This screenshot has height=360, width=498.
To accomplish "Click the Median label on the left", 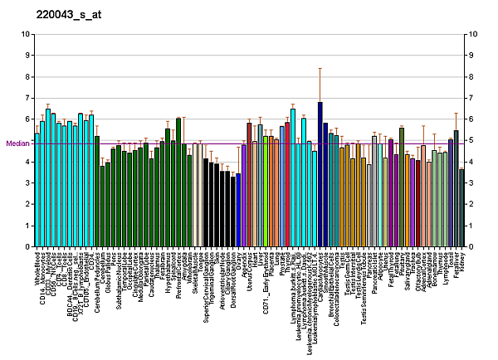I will pos(17,143).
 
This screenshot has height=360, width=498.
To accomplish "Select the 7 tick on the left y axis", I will pos(27,98).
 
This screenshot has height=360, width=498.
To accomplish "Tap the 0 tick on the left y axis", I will pos(27,246).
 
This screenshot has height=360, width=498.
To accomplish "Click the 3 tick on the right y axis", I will pos(471,182).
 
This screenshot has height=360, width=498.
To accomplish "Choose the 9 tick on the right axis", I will pos(471,56).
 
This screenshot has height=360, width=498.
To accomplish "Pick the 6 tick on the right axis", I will pos(471,119).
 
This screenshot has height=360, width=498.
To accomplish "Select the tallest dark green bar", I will pos(178,182).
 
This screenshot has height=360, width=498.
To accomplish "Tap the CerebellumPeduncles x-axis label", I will pos(97,278).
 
